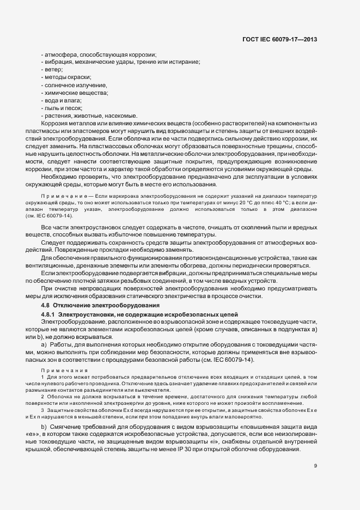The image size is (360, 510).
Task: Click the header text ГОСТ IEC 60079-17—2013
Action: (x=279, y=39)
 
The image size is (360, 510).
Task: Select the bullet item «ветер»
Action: (x=53, y=70)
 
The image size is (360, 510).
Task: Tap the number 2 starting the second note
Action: (x=42, y=390)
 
